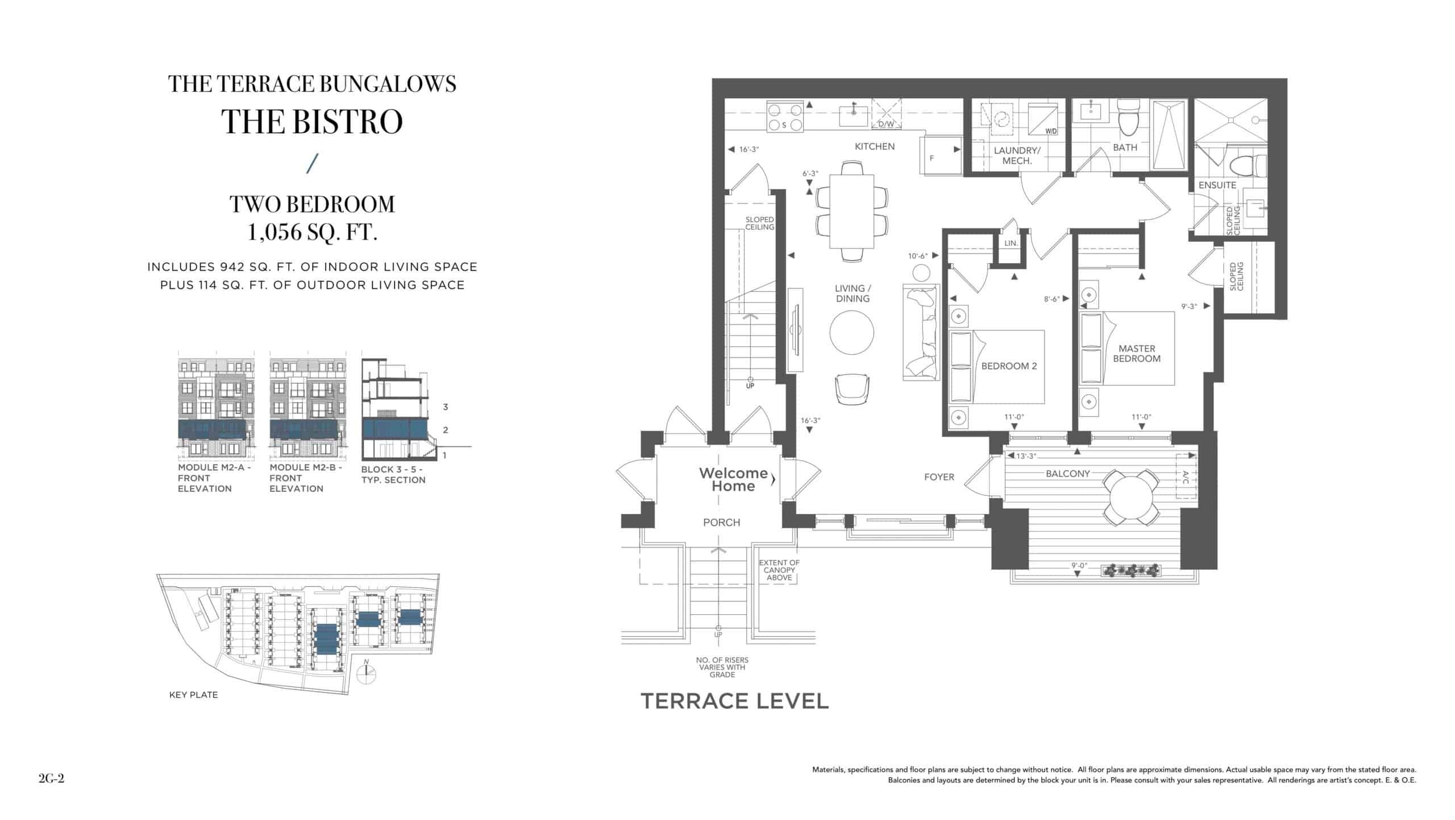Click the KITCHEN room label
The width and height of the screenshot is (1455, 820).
(x=875, y=147)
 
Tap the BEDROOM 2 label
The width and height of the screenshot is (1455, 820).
(x=1009, y=366)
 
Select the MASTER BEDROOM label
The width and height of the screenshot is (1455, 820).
(x=1137, y=353)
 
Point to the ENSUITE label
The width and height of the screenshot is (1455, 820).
(x=1217, y=185)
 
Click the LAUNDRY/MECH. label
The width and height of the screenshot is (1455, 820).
(x=1017, y=156)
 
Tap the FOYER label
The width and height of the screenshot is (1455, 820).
(x=939, y=477)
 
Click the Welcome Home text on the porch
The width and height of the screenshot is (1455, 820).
(x=733, y=479)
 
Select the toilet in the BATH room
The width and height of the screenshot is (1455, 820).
(x=1125, y=117)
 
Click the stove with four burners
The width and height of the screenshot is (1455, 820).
(x=785, y=117)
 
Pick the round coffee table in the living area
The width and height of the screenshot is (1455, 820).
(x=851, y=334)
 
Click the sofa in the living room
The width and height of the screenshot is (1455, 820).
(x=920, y=332)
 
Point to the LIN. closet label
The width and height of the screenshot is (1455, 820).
(x=1011, y=243)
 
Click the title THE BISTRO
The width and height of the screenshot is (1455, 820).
(x=312, y=122)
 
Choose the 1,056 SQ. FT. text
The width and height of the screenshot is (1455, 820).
(x=312, y=233)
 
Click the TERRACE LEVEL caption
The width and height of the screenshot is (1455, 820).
(x=734, y=701)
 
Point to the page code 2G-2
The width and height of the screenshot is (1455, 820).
(x=52, y=778)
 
